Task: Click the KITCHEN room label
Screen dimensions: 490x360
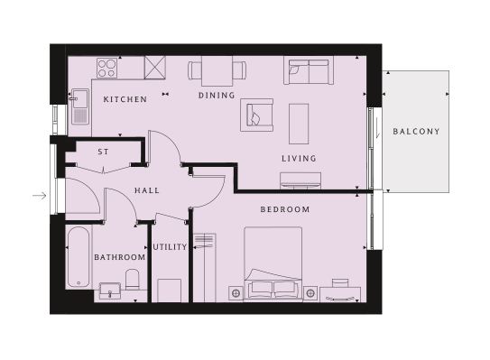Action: (125, 99)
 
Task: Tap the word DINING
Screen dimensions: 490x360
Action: (217, 96)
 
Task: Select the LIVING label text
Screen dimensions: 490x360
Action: (299, 159)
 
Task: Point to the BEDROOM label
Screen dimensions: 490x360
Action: (285, 209)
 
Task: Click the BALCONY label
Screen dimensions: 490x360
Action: (416, 131)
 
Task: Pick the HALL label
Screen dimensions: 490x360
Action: (147, 190)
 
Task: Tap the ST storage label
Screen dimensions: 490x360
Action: (103, 152)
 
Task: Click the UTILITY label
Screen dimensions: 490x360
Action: (170, 247)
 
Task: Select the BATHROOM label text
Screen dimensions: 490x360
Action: (120, 257)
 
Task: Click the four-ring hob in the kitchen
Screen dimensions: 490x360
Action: (106, 69)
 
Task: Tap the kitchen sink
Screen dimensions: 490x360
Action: (80, 106)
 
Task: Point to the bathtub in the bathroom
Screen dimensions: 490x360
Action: (79, 257)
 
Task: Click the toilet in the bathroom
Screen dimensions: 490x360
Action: (132, 279)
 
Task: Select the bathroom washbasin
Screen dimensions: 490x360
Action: (110, 291)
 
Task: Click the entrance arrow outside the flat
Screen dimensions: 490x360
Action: (40, 196)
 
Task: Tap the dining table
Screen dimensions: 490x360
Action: (217, 71)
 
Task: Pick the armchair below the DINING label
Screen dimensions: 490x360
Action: (256, 115)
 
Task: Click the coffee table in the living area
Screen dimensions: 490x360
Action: (299, 124)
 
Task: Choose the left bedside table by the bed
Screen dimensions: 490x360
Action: (236, 293)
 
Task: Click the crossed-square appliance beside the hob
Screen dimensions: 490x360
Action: (154, 68)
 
